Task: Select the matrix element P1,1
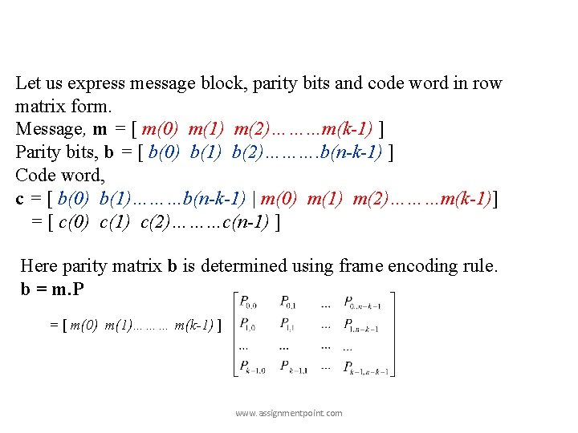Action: click(x=291, y=326)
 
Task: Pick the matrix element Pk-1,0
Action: click(x=252, y=368)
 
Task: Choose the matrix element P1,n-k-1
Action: click(x=365, y=326)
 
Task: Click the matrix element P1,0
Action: click(x=246, y=326)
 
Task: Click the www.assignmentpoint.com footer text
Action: click(x=288, y=413)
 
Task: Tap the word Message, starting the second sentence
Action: click(x=50, y=129)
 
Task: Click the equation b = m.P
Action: click(x=51, y=289)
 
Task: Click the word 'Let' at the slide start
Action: click(x=28, y=83)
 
